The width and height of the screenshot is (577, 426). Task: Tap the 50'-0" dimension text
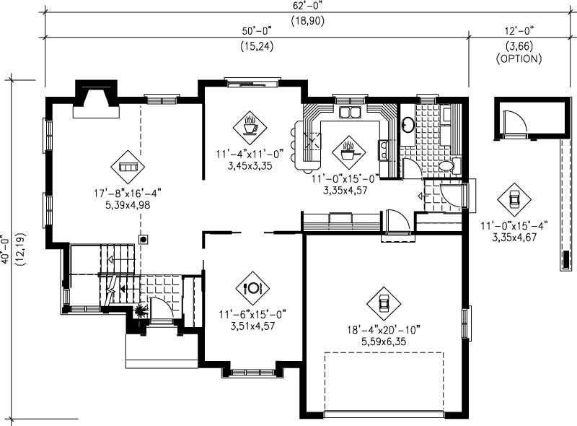point(257,31)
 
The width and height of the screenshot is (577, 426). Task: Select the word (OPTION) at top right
point(519,59)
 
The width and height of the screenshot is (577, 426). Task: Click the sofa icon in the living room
point(127,167)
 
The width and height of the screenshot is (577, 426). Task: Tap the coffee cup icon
point(250,128)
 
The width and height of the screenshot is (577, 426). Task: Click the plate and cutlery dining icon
point(252,287)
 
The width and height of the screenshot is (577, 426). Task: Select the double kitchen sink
point(351,113)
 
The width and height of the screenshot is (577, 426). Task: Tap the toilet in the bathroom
point(446,166)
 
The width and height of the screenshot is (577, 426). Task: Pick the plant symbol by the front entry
point(139,311)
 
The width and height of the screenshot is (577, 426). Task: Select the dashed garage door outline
point(383,383)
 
